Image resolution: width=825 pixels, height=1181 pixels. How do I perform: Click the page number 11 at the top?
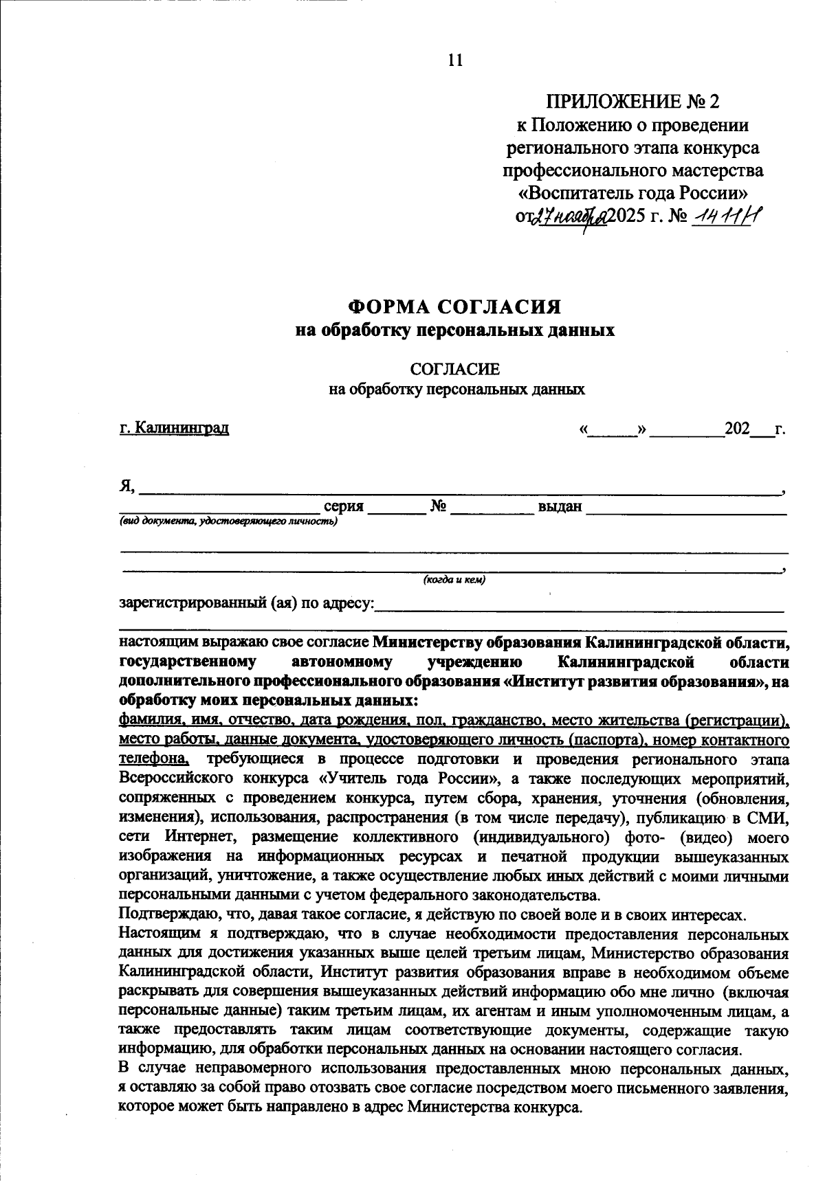(455, 60)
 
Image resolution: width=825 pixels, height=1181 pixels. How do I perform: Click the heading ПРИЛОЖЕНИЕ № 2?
(632, 102)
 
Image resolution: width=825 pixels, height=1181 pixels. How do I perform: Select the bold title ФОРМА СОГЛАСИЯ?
(454, 306)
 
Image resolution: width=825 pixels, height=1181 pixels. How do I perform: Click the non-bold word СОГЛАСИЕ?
(455, 370)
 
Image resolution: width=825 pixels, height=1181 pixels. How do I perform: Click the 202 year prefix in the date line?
(736, 429)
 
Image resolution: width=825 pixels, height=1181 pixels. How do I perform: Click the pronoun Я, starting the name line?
(127, 486)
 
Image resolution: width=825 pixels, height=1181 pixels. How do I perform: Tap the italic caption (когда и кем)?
(454, 580)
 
